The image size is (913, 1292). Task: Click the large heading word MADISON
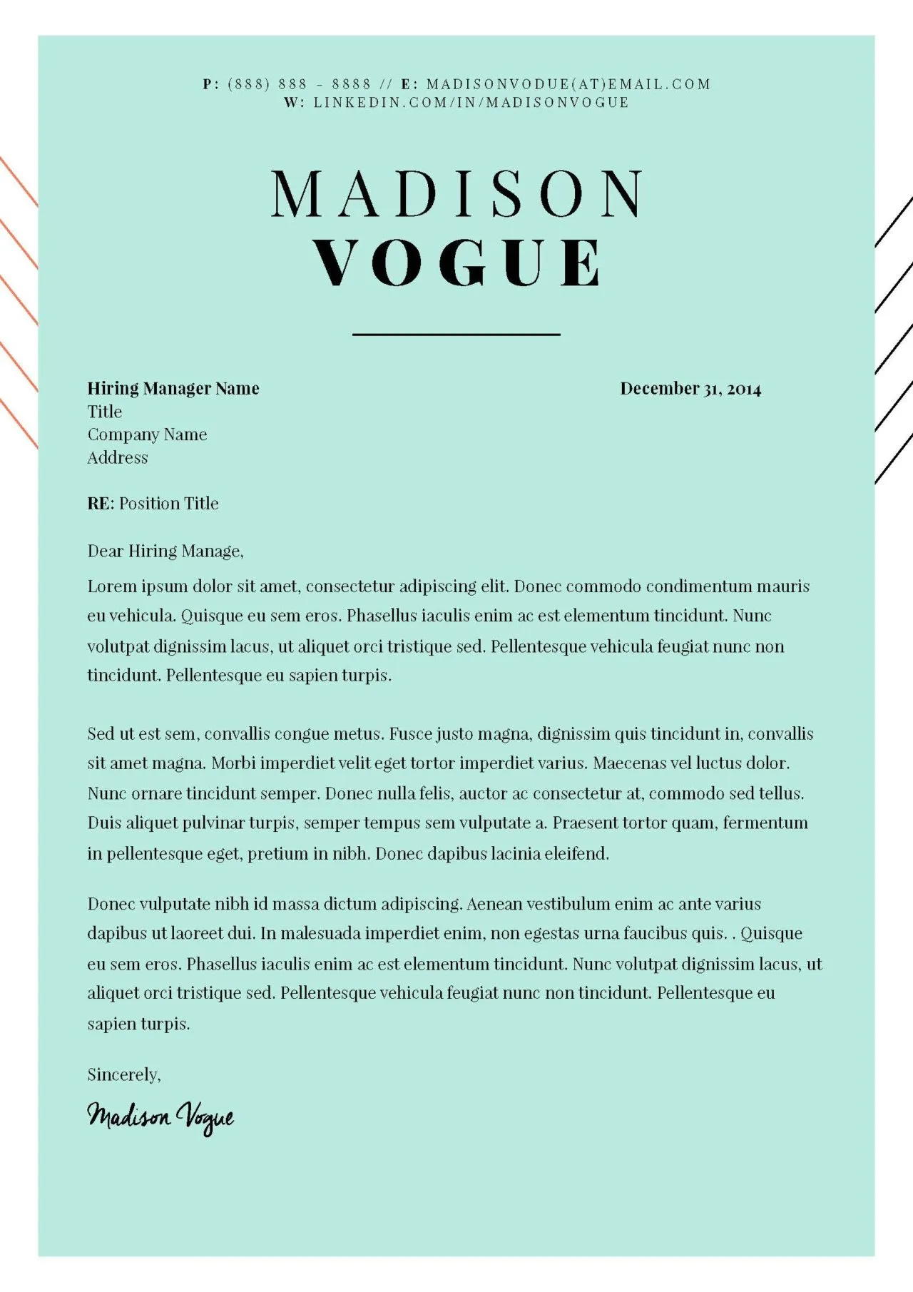pos(457,194)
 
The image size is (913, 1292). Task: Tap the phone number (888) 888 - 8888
pos(300,84)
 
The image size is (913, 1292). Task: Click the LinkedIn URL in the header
pos(471,102)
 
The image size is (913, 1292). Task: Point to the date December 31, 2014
pos(690,389)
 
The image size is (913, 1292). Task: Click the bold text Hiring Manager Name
pos(173,389)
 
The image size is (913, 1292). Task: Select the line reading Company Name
pos(147,434)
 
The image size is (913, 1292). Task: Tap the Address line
pos(118,457)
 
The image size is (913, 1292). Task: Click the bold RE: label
pos(101,504)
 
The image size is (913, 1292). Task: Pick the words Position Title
pos(169,504)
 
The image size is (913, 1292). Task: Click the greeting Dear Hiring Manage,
pos(165,551)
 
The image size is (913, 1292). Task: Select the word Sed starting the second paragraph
pos(100,734)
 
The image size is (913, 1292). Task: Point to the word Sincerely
pos(123,1074)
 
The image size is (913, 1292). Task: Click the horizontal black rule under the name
pos(456,333)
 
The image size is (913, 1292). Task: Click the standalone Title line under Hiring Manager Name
pos(105,412)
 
